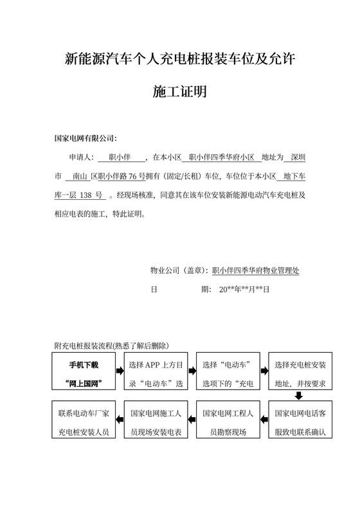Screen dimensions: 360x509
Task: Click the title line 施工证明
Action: click(179, 93)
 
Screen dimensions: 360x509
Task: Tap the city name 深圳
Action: click(298, 157)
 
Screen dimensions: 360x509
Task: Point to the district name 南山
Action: click(80, 175)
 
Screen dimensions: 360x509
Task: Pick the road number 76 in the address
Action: click(134, 175)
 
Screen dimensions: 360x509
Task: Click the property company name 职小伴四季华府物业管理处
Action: click(255, 271)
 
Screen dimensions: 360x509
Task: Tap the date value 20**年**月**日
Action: click(245, 289)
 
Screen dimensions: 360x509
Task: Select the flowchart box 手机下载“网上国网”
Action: click(85, 373)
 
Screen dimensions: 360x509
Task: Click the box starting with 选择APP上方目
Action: click(157, 373)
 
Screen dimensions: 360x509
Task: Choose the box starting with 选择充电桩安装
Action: click(301, 373)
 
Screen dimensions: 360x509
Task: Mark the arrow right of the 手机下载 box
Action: click(120, 371)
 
